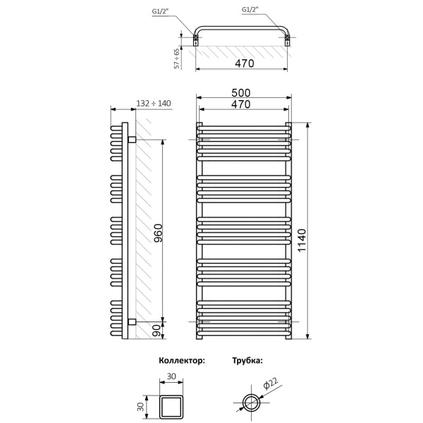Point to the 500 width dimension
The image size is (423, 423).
pyautogui.click(x=242, y=93)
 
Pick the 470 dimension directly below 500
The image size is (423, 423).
pyautogui.click(x=242, y=104)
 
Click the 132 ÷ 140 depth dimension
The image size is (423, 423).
pyautogui.click(x=153, y=104)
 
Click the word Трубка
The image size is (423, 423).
pyautogui.click(x=247, y=360)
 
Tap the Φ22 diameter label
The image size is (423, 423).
pyautogui.click(x=270, y=385)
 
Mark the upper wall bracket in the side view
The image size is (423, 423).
pyautogui.click(x=131, y=140)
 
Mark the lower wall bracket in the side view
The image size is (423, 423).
pyautogui.click(x=131, y=322)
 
